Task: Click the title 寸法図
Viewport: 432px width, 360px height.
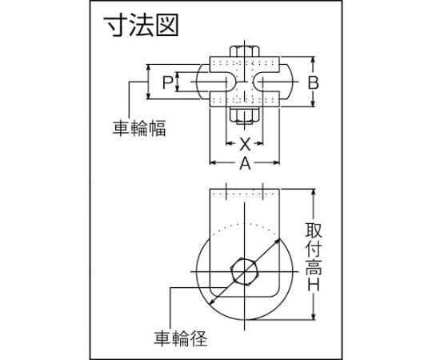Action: pyautogui.click(x=142, y=25)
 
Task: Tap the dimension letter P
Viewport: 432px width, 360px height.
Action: pyautogui.click(x=167, y=82)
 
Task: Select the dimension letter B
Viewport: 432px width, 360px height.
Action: pyautogui.click(x=313, y=82)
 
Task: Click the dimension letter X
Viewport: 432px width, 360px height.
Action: pyautogui.click(x=245, y=144)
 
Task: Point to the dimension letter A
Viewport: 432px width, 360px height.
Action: pyautogui.click(x=245, y=162)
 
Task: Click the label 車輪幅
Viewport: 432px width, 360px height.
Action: pyautogui.click(x=139, y=127)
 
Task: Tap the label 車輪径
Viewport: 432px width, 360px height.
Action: pyautogui.click(x=181, y=338)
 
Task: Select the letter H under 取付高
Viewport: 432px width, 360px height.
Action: pyautogui.click(x=314, y=284)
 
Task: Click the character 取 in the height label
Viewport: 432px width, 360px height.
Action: pyautogui.click(x=314, y=230)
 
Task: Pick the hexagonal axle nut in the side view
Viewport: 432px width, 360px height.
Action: pyautogui.click(x=244, y=271)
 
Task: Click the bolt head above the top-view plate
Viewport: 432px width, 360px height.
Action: pyautogui.click(x=244, y=51)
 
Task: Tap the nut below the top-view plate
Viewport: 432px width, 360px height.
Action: pyautogui.click(x=244, y=114)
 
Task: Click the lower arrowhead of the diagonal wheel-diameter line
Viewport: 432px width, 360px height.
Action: pyautogui.click(x=212, y=302)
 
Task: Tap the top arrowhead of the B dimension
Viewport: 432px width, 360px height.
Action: pyautogui.click(x=313, y=60)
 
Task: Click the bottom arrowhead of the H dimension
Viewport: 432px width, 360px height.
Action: pyautogui.click(x=314, y=317)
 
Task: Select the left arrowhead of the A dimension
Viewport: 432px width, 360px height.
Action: pyautogui.click(x=214, y=162)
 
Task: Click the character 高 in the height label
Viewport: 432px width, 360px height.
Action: pyautogui.click(x=314, y=266)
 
